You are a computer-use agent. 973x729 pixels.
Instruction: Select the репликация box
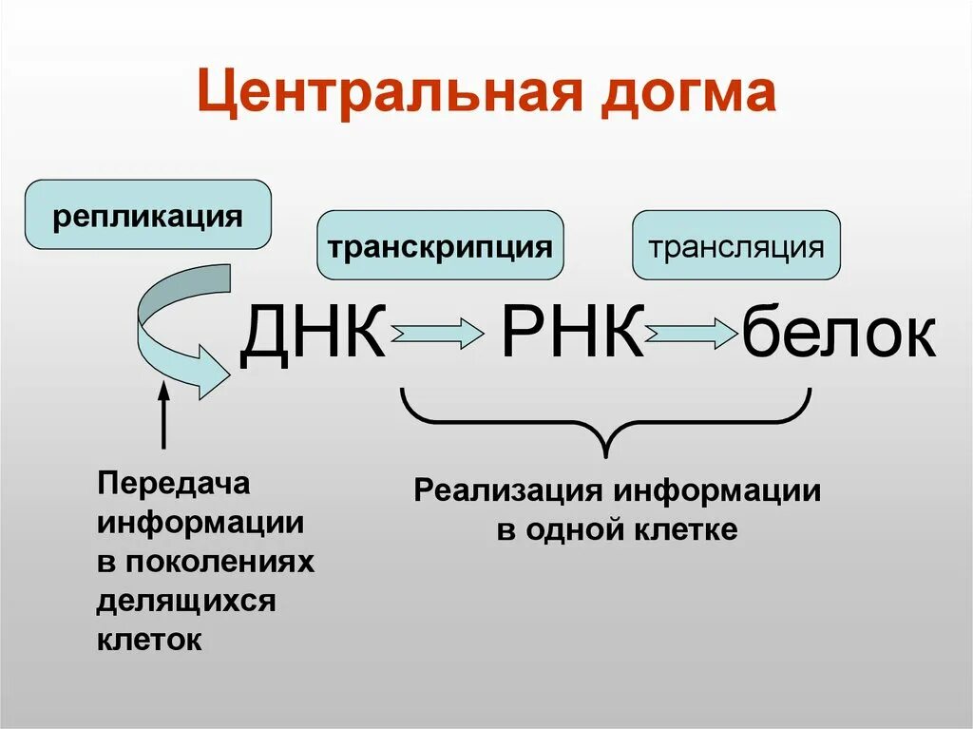(147, 215)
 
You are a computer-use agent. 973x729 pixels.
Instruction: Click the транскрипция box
(440, 246)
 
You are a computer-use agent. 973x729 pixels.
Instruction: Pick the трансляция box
(735, 246)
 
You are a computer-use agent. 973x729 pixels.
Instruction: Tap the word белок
(838, 334)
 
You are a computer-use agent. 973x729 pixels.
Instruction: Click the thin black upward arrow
(163, 413)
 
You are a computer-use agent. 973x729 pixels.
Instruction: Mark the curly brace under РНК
(606, 422)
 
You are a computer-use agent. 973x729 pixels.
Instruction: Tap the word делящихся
(186, 601)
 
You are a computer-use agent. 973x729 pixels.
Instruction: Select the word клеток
(149, 639)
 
